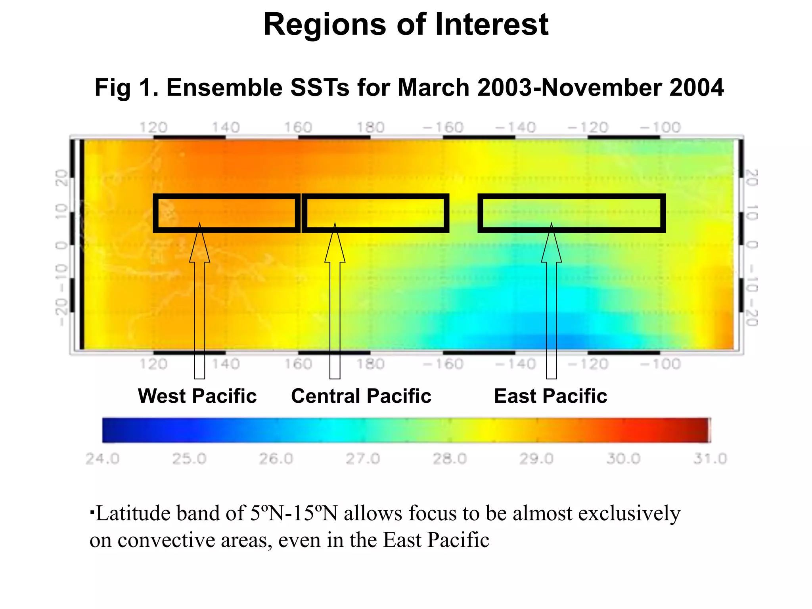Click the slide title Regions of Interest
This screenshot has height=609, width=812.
click(x=406, y=25)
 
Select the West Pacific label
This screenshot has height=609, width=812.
click(x=197, y=396)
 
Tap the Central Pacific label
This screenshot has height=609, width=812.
click(x=361, y=396)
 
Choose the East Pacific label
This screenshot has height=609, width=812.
click(x=550, y=396)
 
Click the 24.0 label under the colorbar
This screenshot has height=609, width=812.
click(x=102, y=459)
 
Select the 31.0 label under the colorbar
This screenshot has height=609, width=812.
click(x=710, y=459)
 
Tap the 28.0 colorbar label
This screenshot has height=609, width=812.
click(x=450, y=459)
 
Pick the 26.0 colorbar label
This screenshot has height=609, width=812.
click(x=276, y=459)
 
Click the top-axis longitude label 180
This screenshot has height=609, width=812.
click(x=370, y=128)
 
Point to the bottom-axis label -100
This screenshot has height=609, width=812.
click(x=661, y=364)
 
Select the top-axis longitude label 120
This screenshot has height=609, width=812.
click(x=153, y=128)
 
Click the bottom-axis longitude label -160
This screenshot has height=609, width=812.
click(x=443, y=364)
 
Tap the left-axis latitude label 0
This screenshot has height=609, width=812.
click(x=61, y=246)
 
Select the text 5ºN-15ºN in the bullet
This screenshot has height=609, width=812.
click(x=294, y=513)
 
